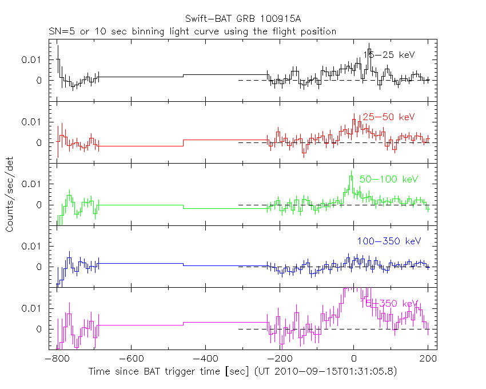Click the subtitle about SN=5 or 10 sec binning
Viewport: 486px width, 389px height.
coord(192,31)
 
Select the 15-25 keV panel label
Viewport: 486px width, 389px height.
coord(389,55)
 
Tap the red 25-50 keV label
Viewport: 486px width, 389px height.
coord(386,117)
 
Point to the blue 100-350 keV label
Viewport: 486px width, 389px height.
coord(389,241)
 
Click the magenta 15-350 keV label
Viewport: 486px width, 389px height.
coord(389,303)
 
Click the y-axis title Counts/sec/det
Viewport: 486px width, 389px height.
coord(10,196)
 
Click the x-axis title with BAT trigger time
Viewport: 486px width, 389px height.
coord(242,372)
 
